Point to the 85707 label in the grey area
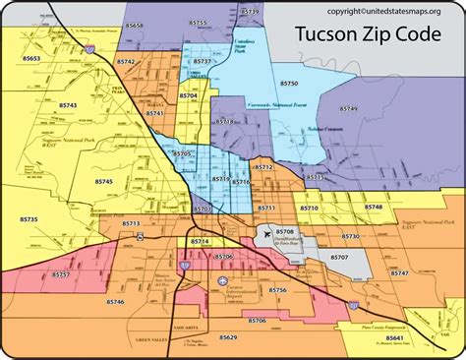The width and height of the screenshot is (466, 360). (x=339, y=257)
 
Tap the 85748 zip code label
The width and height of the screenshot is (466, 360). (x=374, y=208)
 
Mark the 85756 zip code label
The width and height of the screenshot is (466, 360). (x=277, y=290)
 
